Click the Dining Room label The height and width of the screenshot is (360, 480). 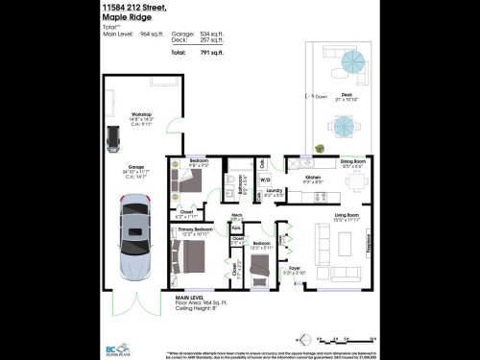[x=353, y=162]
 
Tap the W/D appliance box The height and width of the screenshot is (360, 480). [x=266, y=179]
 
